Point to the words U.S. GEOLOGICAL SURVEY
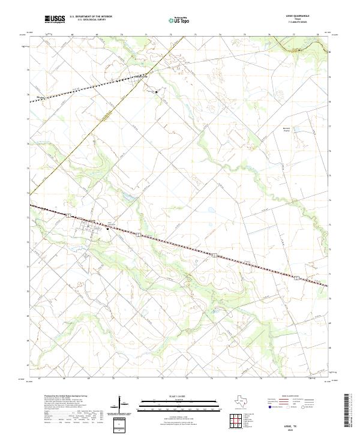(91, 20)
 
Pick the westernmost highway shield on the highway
(70, 214)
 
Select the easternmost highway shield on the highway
(296, 277)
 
